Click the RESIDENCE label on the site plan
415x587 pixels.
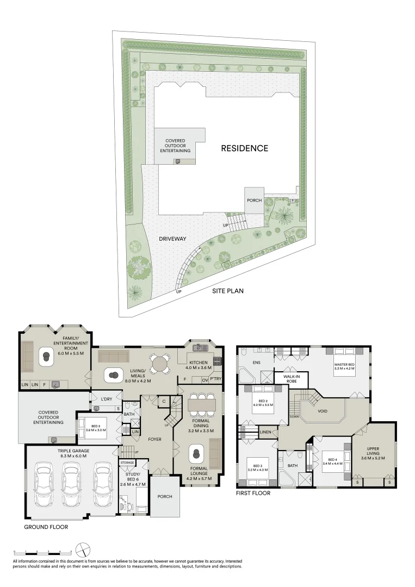pyautogui.click(x=244, y=148)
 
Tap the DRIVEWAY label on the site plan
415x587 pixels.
pyautogui.click(x=173, y=239)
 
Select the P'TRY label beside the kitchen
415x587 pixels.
pyautogui.click(x=216, y=380)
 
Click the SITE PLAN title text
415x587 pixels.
pyautogui.click(x=228, y=291)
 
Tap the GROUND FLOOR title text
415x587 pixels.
pyautogui.click(x=46, y=527)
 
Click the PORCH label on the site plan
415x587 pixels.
pyautogui.click(x=254, y=200)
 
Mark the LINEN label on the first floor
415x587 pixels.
pyautogui.click(x=265, y=432)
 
